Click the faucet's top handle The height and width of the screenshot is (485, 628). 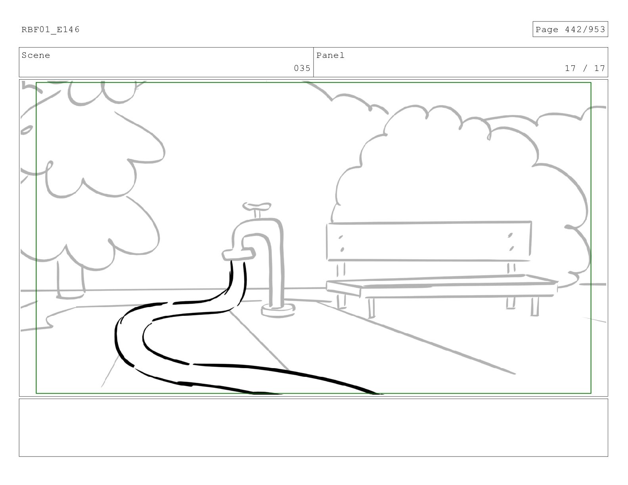[257, 206]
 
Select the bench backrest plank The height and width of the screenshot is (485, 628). [428, 241]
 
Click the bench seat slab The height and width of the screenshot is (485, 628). [440, 285]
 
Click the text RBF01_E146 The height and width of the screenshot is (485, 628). [50, 30]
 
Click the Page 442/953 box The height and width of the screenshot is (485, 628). [570, 30]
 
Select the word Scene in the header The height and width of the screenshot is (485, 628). [36, 55]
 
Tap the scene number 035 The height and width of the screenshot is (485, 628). [302, 68]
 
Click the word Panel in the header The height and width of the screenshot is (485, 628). [330, 55]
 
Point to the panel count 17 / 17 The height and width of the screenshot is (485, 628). [585, 68]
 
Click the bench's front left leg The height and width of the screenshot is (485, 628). [371, 308]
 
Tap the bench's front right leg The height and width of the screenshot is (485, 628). [535, 306]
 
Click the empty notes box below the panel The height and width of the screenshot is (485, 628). [313, 428]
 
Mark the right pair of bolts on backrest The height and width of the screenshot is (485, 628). [511, 242]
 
